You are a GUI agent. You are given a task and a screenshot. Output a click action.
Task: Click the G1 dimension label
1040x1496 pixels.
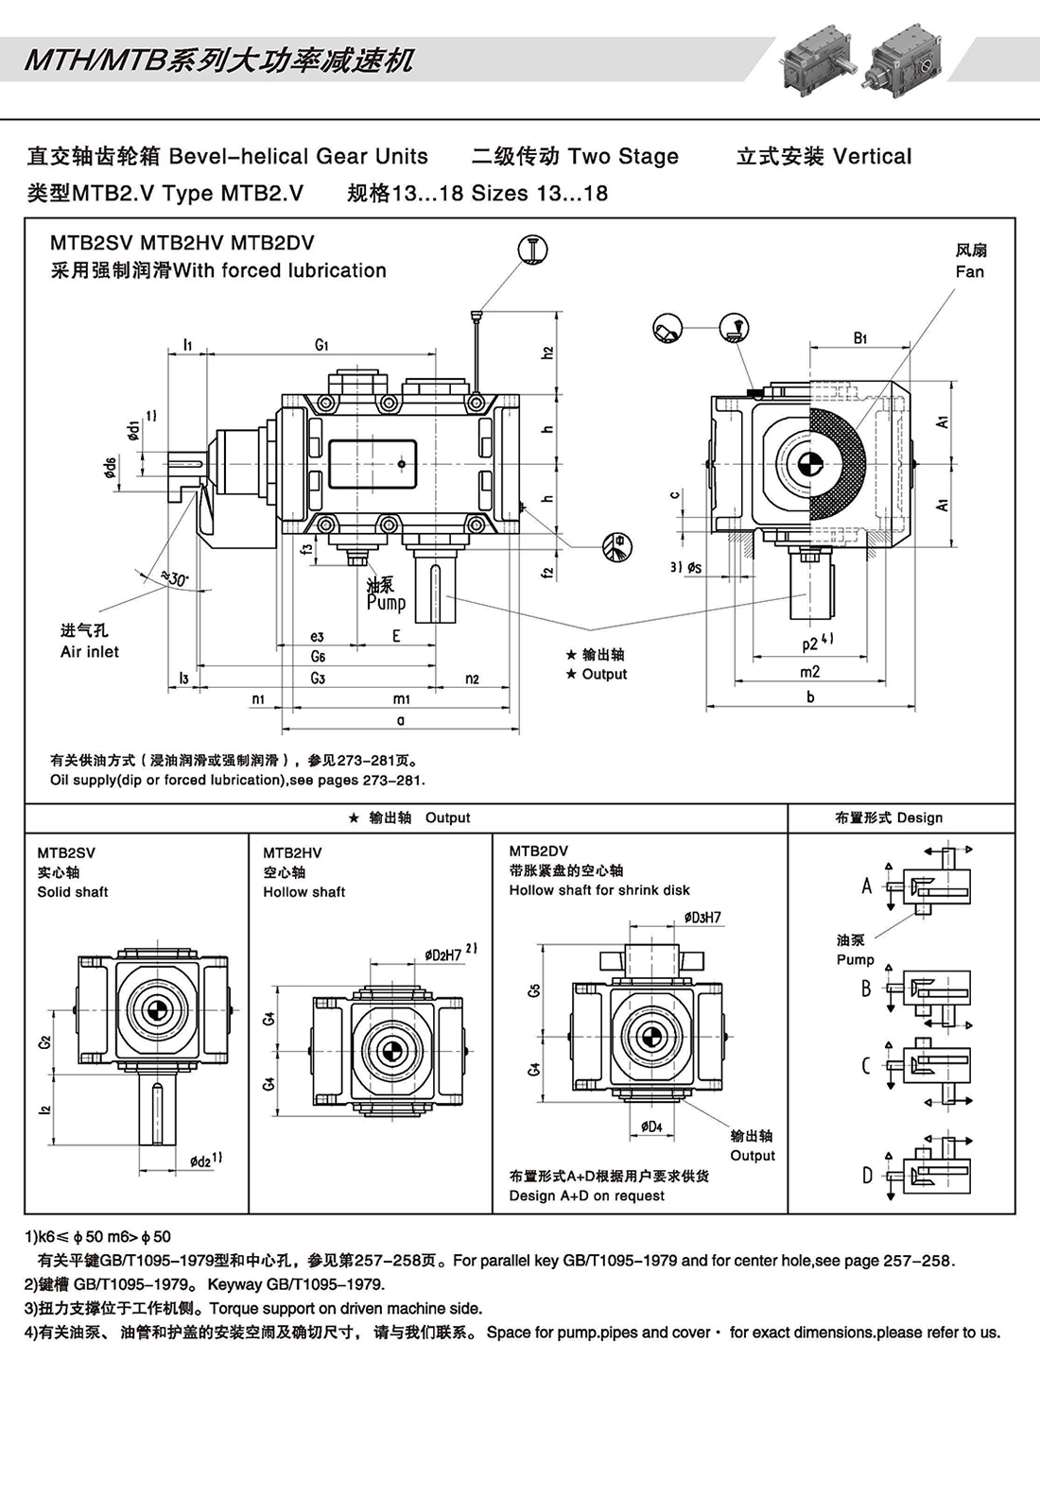coord(322,345)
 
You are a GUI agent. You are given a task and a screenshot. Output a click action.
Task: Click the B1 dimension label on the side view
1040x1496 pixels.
coord(859,337)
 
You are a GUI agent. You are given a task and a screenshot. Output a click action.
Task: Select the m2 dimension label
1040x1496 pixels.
coord(810,672)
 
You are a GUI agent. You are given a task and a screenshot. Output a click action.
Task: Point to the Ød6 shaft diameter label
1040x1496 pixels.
coord(111,467)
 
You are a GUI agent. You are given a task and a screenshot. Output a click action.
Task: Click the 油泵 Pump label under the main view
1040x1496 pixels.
coord(386,594)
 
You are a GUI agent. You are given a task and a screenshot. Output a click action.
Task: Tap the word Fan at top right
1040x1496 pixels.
coord(970,272)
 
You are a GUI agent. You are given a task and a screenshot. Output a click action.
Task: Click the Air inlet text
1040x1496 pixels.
coord(90,652)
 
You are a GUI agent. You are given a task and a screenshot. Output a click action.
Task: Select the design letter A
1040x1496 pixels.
coord(866,886)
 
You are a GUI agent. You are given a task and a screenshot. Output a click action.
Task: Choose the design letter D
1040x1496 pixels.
coord(867,1176)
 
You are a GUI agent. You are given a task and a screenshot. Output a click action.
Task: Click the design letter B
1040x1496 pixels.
coord(866,989)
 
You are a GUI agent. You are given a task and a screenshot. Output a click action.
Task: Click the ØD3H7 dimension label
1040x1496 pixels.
coord(702,918)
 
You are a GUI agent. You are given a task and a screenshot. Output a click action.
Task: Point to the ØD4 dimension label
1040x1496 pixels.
coord(651,1126)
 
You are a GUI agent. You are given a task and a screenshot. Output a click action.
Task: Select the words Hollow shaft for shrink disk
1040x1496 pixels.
coord(599,890)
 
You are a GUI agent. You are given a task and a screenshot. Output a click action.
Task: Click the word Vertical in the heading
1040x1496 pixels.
coord(873,157)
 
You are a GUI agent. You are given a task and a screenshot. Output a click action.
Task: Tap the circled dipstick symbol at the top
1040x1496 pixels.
coord(533,249)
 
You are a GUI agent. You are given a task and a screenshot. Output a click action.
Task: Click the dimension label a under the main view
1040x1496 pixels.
coord(401,720)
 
